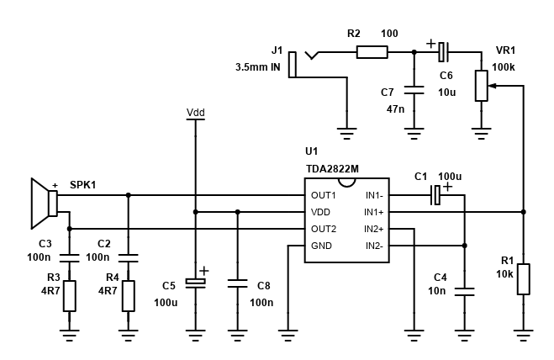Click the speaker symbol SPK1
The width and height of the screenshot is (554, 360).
[x=43, y=204]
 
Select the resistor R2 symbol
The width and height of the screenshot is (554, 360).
[x=372, y=52]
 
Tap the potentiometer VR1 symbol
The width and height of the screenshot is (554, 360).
[x=481, y=85]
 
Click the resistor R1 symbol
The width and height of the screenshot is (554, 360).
[x=523, y=278]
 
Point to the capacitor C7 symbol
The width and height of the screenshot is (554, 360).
[x=414, y=88]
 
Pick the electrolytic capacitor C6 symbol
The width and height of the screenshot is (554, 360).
[x=444, y=52]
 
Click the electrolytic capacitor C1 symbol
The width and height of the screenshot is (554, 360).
[x=435, y=195]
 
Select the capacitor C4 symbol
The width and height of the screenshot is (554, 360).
[x=464, y=291]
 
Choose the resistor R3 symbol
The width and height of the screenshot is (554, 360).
[x=69, y=295]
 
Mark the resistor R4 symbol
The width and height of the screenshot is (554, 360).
[x=128, y=295]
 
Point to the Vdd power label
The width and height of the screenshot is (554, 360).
[x=195, y=112]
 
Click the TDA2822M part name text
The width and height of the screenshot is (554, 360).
[x=332, y=168]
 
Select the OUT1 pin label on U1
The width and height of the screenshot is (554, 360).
[x=324, y=195]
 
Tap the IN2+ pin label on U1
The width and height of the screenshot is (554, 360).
[x=373, y=229]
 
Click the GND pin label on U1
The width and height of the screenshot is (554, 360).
[x=322, y=246]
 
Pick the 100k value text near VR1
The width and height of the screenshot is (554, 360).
[x=504, y=66]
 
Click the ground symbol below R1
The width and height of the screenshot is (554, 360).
[x=523, y=334]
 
